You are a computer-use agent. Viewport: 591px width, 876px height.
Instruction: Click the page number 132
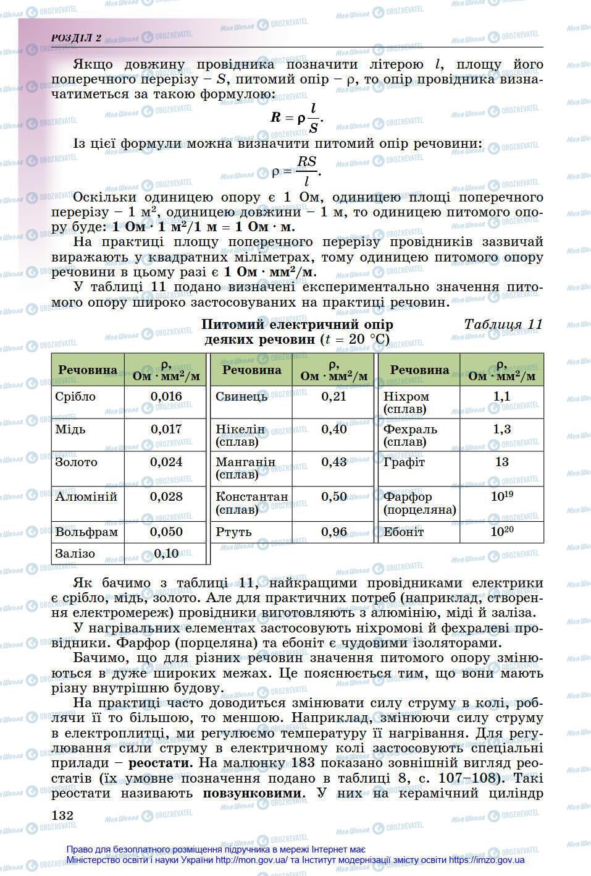(63, 815)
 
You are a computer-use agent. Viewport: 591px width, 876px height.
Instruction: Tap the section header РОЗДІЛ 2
(77, 38)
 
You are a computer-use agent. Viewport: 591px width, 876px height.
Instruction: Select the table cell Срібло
(75, 397)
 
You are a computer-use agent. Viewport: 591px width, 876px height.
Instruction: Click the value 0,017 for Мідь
(166, 429)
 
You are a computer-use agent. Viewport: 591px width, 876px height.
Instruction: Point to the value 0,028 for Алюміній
(166, 496)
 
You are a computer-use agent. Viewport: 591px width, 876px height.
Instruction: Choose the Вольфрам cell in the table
(86, 532)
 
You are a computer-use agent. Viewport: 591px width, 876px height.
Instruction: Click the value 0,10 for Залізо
(166, 553)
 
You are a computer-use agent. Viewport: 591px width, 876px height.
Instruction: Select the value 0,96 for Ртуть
(334, 532)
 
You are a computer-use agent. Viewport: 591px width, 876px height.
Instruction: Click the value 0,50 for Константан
(334, 496)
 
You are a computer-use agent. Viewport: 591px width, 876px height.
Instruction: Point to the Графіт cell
(404, 462)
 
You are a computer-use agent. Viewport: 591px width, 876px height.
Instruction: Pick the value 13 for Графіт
(501, 462)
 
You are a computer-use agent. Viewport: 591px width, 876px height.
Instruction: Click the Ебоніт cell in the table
(403, 532)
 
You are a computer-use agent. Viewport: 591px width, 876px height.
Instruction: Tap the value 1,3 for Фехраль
(501, 429)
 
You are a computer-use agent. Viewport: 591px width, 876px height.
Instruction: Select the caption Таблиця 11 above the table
(503, 325)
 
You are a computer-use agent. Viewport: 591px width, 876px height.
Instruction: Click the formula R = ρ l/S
(297, 117)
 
